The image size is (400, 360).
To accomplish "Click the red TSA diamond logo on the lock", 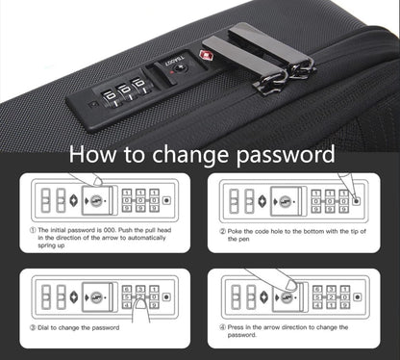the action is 205,56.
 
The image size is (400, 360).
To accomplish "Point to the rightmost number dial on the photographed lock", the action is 140,85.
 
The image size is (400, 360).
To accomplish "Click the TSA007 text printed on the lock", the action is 175,61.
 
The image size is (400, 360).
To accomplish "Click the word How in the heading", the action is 92,155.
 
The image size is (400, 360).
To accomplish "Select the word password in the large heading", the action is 286,156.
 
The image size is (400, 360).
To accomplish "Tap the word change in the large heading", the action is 190,156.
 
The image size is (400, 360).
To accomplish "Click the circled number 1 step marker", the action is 33,230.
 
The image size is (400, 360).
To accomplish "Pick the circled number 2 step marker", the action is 222,231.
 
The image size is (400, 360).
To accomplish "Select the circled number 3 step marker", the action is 33,328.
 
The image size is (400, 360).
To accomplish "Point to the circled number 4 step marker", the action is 222,327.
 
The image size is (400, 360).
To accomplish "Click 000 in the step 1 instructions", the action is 111,230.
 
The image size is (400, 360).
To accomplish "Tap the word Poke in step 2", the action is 235,231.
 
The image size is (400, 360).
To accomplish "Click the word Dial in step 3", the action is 43,328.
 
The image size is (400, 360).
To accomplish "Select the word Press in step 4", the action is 236,327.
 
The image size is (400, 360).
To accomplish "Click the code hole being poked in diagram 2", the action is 356,201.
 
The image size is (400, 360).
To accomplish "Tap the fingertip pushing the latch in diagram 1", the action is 97,182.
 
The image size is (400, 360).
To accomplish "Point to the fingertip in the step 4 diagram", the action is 292,285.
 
